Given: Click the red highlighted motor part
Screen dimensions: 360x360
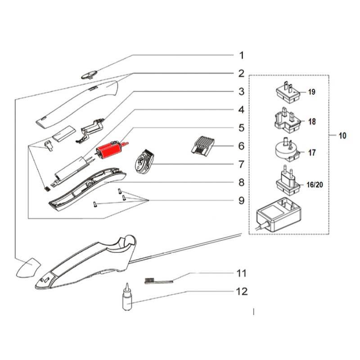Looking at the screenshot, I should [x=109, y=149].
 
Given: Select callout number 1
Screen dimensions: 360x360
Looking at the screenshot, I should [x=241, y=55].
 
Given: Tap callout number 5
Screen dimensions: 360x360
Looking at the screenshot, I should [x=241, y=128].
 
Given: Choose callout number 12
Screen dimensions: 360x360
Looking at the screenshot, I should [x=241, y=292].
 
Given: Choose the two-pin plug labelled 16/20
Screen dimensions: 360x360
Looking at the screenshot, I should [x=285, y=180].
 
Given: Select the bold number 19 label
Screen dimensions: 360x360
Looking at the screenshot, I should [x=312, y=92].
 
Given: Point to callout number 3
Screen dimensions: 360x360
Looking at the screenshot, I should [x=241, y=91].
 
